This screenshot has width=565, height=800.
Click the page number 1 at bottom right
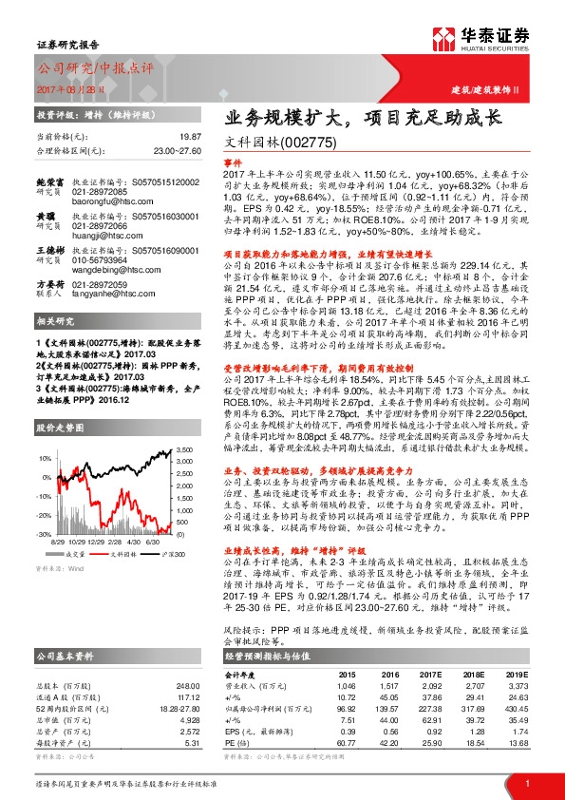click(526, 782)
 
